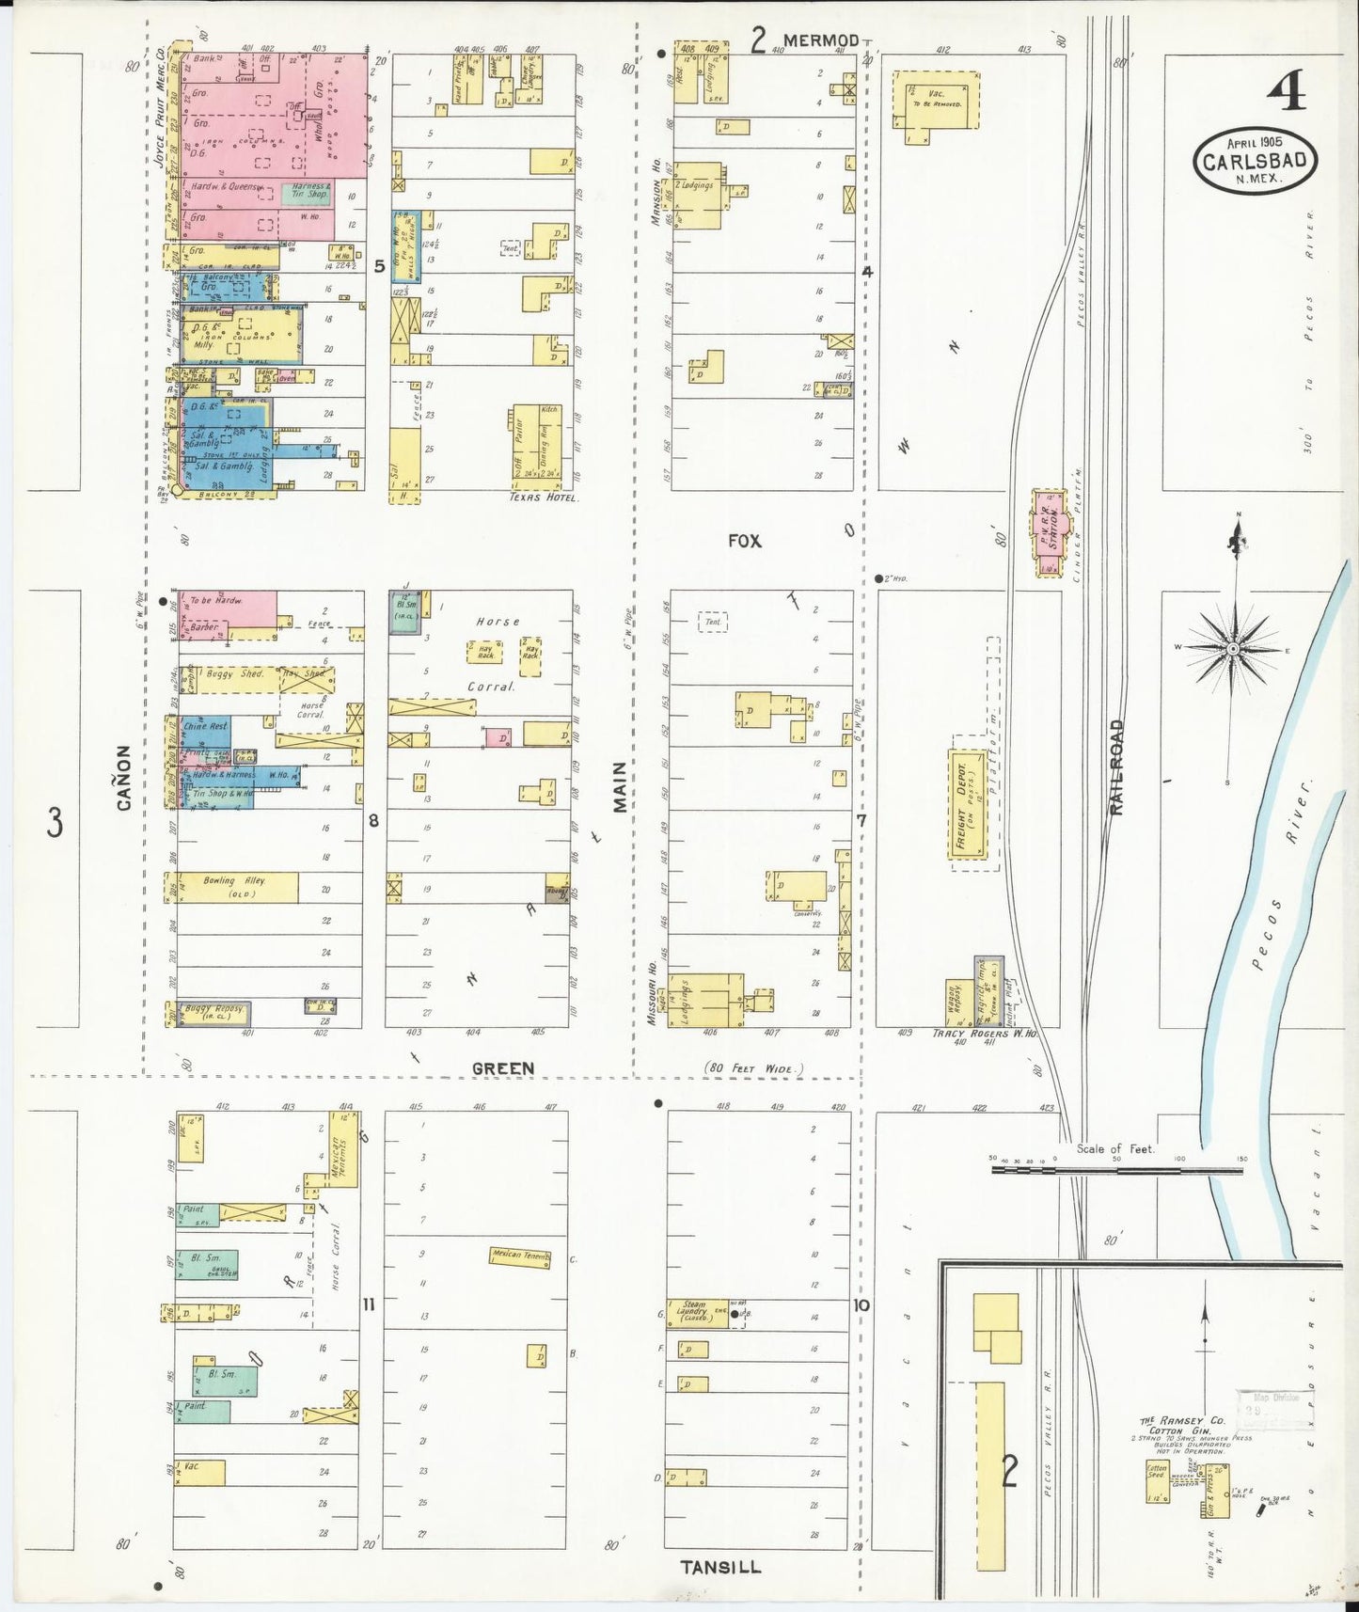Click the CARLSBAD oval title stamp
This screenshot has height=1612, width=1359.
pos(1255,160)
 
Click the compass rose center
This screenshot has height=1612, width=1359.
pos(1232,649)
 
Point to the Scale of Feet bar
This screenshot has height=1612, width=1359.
pos(1117,1170)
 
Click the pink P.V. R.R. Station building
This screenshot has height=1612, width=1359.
pos(1049,531)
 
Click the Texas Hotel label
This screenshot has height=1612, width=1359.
pos(544,498)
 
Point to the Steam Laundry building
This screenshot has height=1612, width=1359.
pos(695,1312)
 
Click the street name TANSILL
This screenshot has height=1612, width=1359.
pos(720,1566)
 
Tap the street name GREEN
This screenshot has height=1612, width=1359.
pos(502,1068)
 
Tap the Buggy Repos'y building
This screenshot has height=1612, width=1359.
pos(214,1013)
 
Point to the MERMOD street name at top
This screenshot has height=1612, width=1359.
pos(820,40)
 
